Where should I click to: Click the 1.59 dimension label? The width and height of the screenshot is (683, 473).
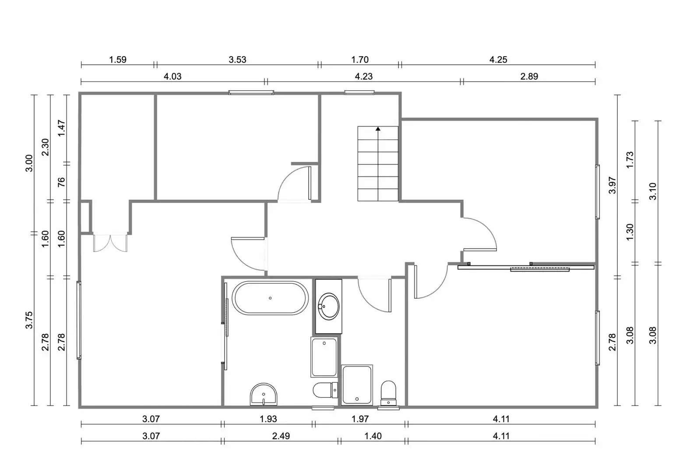tap(118, 60)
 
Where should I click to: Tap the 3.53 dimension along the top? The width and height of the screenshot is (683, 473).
tap(237, 60)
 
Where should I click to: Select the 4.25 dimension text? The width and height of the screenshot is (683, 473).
tap(498, 60)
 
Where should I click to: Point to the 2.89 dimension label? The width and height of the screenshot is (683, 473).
tap(529, 76)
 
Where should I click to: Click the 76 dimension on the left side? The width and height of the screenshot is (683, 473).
tap(61, 182)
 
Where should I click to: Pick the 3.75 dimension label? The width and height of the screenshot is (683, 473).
tap(29, 320)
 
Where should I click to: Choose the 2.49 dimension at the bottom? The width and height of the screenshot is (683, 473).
tap(281, 436)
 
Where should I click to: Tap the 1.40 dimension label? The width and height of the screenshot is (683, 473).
tap(373, 436)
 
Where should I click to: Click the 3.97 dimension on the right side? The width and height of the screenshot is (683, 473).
tap(612, 185)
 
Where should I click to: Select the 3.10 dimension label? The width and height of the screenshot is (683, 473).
tap(652, 191)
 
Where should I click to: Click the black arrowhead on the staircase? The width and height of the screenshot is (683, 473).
tap(378, 129)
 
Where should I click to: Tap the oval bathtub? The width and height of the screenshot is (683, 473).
tap(270, 298)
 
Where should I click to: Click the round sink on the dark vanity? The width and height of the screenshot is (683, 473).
tap(328, 307)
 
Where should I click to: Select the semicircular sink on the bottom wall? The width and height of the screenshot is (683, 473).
tap(264, 394)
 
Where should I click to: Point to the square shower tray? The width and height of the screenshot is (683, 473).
tap(357, 385)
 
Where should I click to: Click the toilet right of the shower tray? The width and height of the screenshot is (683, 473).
tap(388, 393)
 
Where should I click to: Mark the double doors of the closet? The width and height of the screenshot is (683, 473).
tap(110, 243)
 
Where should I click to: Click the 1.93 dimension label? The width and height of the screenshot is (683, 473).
tap(268, 419)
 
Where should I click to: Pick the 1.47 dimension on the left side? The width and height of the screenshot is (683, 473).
tap(61, 128)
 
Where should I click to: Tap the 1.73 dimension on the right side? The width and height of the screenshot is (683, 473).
tap(630, 159)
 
